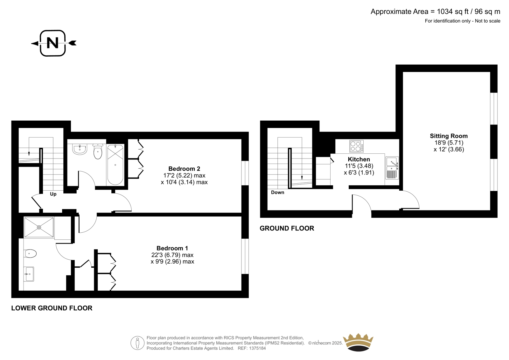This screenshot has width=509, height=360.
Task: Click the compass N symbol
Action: [x=53, y=43]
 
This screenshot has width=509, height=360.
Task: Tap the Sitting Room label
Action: [x=449, y=136]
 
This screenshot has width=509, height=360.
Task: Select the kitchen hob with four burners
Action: [x=356, y=146]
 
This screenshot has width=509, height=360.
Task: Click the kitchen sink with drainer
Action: [x=392, y=168]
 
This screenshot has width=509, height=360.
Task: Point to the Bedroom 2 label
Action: [x=184, y=169]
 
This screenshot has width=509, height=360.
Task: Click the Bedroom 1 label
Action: [x=172, y=248]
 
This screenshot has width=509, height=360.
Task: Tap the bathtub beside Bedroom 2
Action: [x=115, y=165]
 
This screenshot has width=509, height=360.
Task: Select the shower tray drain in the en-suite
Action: [x=39, y=227]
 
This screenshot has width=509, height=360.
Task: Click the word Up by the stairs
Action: [x=53, y=194]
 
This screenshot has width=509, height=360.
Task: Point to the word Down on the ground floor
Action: [x=277, y=192]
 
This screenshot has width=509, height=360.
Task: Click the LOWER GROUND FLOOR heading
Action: [x=52, y=308]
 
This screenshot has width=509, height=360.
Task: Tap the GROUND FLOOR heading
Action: [x=287, y=228]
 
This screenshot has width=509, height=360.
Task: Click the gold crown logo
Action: [x=358, y=342]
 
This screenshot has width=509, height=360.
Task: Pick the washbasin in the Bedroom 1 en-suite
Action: [x=29, y=274]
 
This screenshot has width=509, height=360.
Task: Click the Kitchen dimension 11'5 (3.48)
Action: [x=359, y=166]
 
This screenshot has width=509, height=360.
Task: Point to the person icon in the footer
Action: [x=137, y=343]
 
